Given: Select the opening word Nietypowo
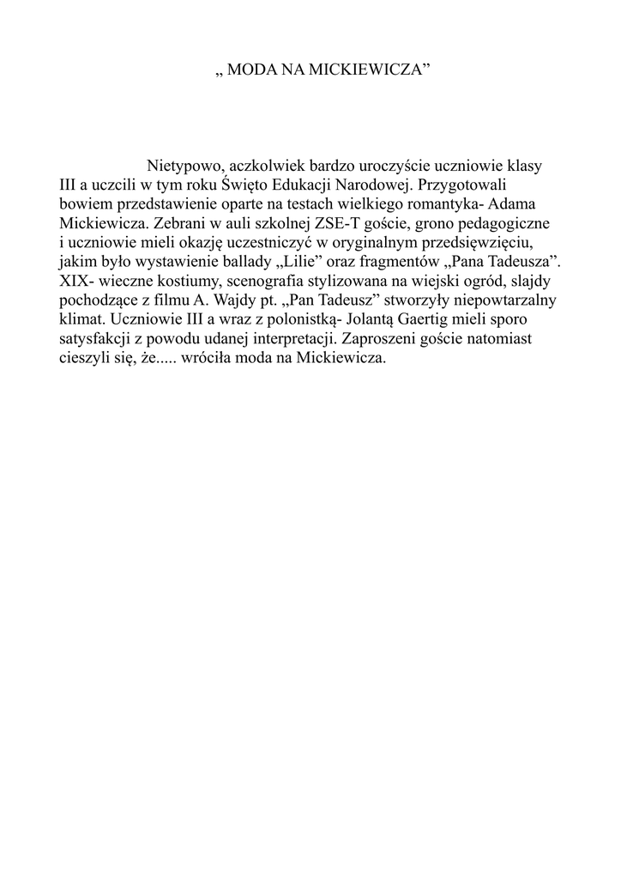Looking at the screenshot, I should (185, 165).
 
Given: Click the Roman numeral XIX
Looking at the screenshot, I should (73, 280).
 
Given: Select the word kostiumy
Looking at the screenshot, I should (167, 280).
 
